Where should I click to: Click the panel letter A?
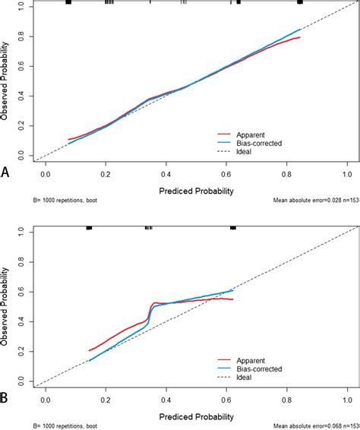click(x=6, y=173)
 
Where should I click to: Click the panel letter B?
click(x=6, y=398)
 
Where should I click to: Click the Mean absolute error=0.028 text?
click(x=312, y=201)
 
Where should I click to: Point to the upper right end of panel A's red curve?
click(x=301, y=37)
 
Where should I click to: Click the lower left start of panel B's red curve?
click(x=89, y=350)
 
